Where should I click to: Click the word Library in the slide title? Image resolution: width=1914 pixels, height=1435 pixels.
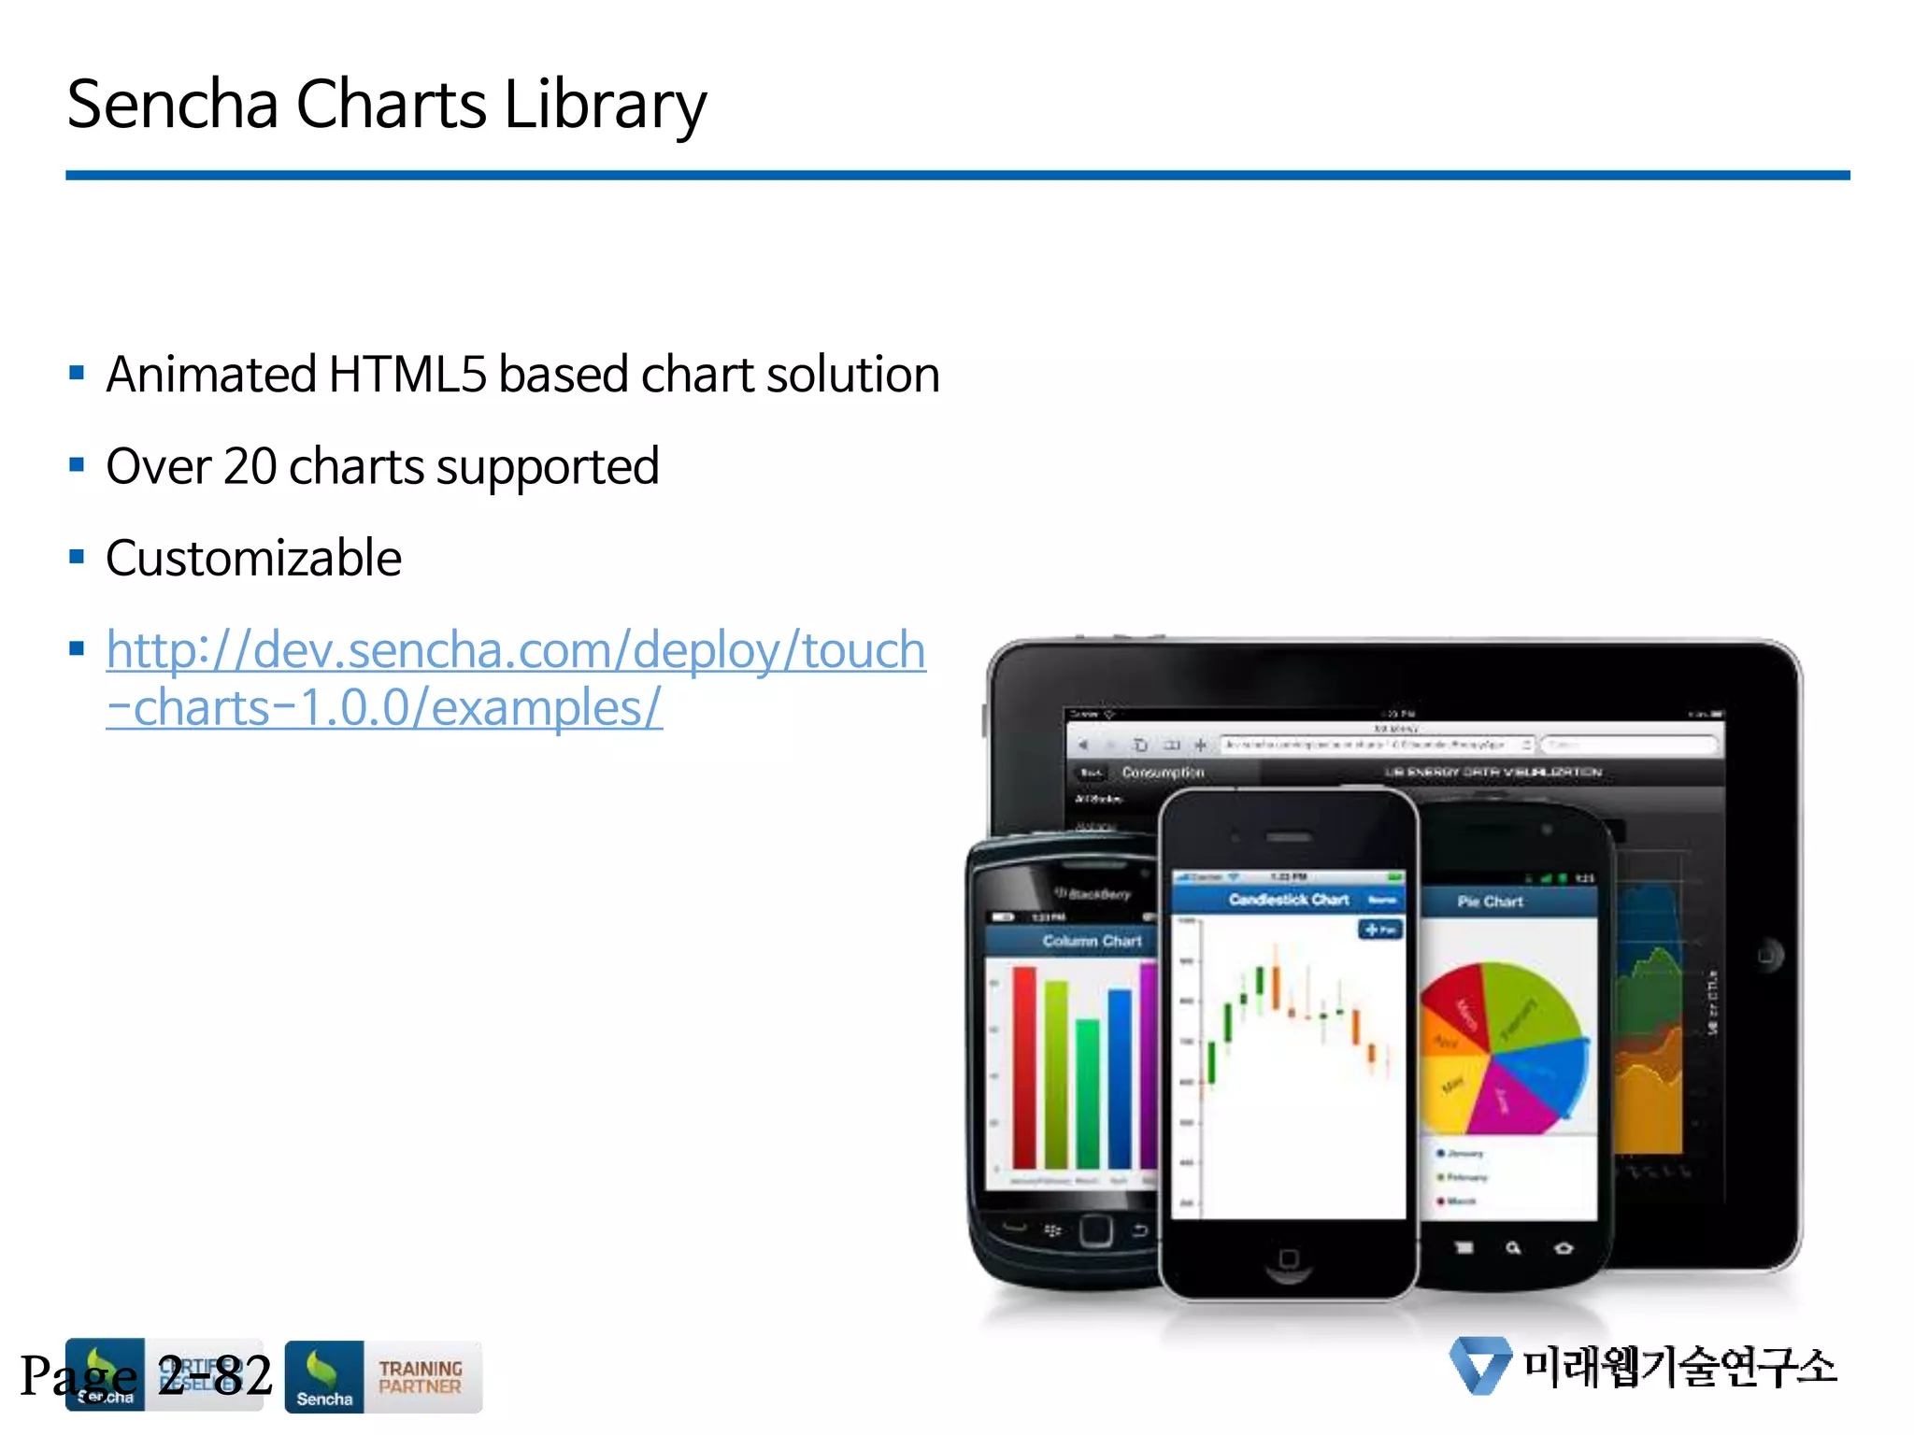click(605, 105)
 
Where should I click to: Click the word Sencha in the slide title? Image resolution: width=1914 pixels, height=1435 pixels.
click(173, 105)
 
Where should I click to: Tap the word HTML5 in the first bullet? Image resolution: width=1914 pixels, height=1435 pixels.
click(407, 375)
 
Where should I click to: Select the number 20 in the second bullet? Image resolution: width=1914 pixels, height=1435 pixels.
click(250, 466)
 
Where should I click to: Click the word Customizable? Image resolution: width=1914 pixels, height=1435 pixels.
click(253, 559)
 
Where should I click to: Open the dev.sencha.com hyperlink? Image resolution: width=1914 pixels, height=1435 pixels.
click(515, 651)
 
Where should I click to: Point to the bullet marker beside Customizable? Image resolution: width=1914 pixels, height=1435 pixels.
click(77, 558)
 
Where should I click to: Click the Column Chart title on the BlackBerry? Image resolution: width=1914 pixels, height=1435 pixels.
click(1091, 941)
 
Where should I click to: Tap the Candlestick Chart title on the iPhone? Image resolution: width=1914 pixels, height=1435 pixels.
click(1288, 900)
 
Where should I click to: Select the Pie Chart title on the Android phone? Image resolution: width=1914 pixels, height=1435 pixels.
click(1490, 902)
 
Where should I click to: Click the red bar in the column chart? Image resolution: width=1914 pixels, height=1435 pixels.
click(1024, 1065)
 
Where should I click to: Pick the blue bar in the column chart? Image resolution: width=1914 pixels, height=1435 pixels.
click(1119, 1074)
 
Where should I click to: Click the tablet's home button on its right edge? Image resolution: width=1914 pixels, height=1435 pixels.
click(1766, 955)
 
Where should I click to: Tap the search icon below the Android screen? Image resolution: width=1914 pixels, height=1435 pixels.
click(1513, 1248)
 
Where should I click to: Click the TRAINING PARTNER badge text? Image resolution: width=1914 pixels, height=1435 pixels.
click(420, 1377)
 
